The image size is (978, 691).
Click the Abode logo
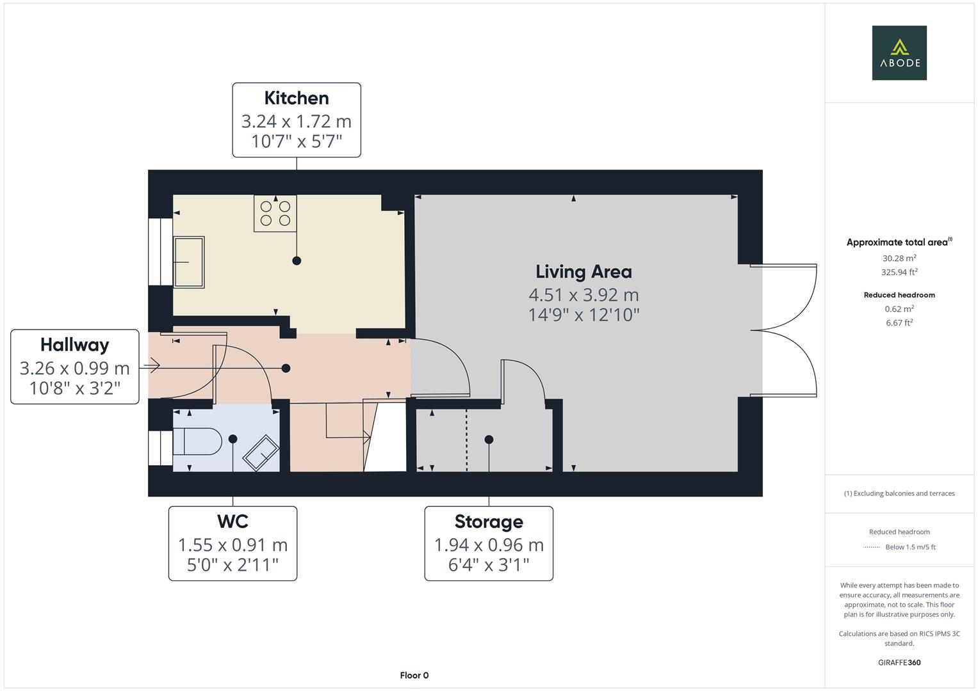pos(899,52)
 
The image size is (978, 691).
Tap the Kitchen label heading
pos(297,98)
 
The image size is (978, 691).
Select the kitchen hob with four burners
pos(275,214)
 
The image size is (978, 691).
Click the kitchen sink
pos(189,262)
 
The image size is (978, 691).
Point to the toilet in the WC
pos(197,441)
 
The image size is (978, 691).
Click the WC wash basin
pos(260,452)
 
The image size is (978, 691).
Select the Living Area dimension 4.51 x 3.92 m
pos(583,295)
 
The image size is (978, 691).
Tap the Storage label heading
pos(489,521)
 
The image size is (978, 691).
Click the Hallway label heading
pos(75,345)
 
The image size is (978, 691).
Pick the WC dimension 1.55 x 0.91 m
pos(232,544)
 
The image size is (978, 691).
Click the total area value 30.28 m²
pos(899,258)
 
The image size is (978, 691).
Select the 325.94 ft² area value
pos(899,272)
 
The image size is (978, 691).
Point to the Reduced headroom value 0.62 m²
pos(899,309)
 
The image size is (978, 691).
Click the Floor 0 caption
pos(414,675)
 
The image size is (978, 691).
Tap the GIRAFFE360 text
pos(899,662)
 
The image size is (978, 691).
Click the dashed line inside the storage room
pos(466,441)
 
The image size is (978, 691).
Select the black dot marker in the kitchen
pos(297,260)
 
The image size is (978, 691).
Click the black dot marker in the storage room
pos(489,440)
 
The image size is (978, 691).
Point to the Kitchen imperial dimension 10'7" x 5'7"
pos(297,141)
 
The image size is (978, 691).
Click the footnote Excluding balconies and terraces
pos(899,493)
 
